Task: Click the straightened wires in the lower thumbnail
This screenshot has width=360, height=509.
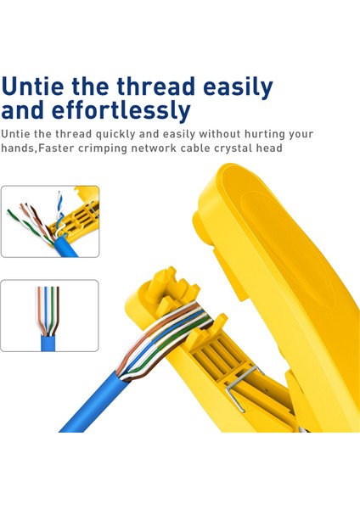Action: [48, 310]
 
